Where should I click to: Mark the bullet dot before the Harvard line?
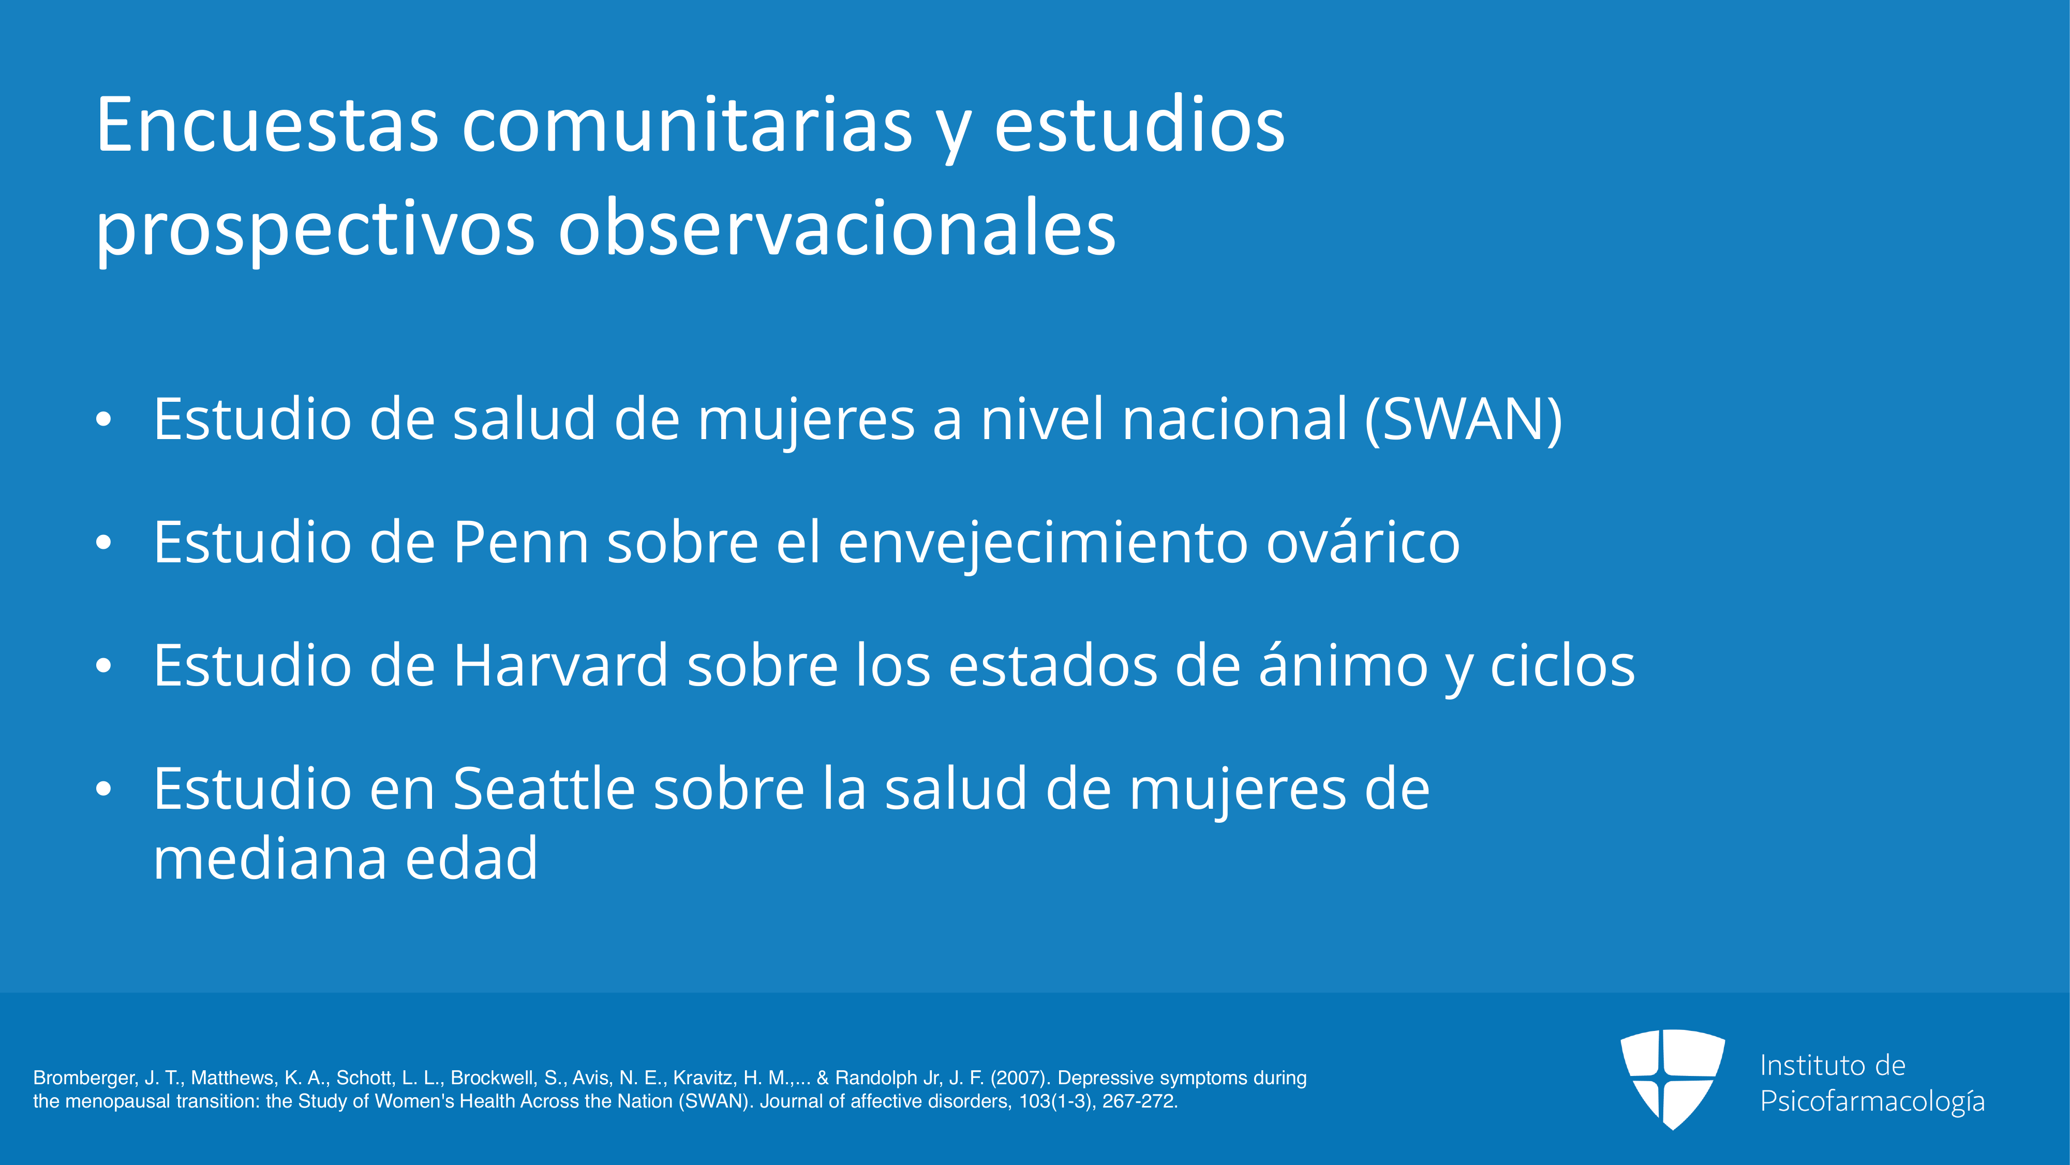coord(103,666)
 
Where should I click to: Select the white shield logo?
coord(1672,1079)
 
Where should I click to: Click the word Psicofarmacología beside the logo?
coord(1872,1101)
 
